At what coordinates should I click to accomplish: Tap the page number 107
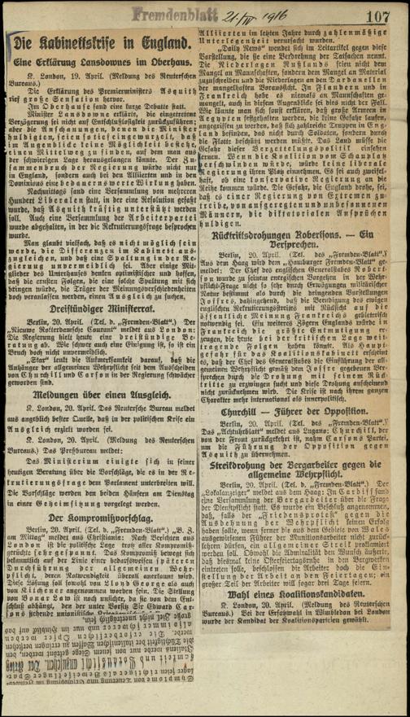pyautogui.click(x=380, y=14)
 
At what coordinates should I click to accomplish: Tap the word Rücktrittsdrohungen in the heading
pyautogui.click(x=267, y=281)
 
